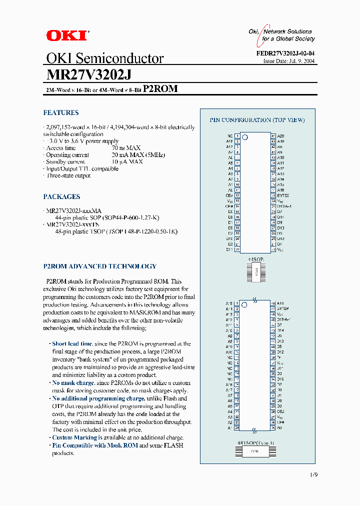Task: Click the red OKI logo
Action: point(67,35)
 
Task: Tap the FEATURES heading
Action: point(60,113)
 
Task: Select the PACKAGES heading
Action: point(61,197)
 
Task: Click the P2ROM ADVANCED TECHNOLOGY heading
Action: point(99,266)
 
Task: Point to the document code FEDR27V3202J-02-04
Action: point(288,53)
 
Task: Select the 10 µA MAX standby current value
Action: point(127,162)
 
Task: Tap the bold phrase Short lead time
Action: point(72,344)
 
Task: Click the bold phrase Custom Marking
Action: point(74,437)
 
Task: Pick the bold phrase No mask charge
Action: point(73,383)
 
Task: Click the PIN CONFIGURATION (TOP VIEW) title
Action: point(257,120)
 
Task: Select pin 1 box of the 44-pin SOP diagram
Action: point(237,136)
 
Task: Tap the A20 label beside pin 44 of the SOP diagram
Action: point(280,136)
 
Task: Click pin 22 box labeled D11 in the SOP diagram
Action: point(237,249)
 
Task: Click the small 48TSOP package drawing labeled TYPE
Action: point(255,451)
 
